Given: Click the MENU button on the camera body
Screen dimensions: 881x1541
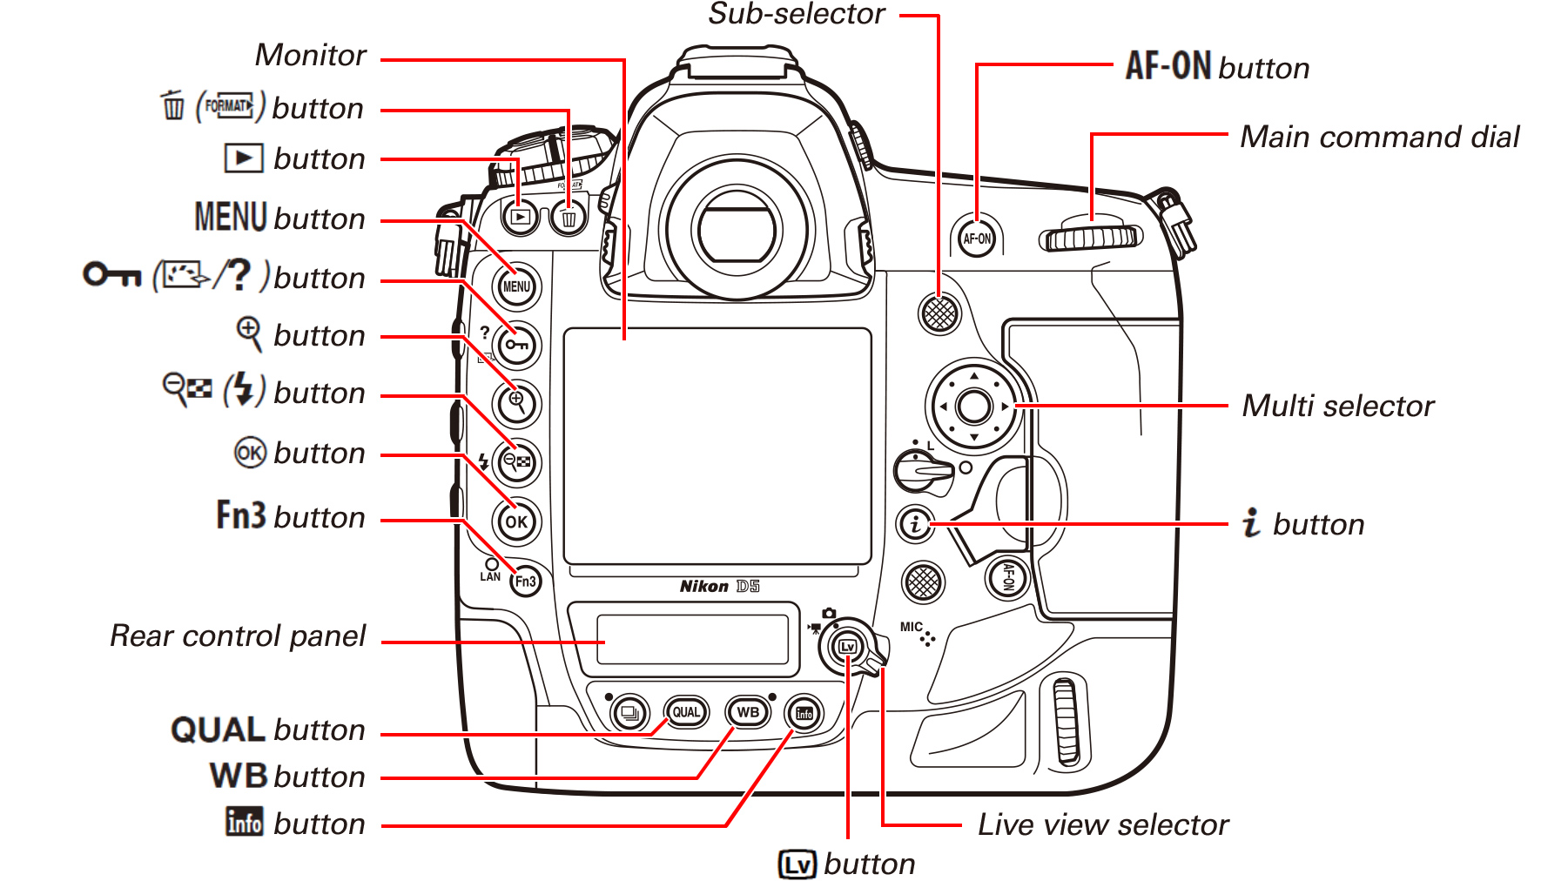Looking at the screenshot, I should pos(516,286).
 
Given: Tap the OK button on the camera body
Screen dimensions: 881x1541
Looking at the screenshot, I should pos(516,522).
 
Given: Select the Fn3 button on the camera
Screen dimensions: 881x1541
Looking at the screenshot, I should pos(525,582).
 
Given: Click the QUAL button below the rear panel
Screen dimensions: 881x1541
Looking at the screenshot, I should pos(686,712).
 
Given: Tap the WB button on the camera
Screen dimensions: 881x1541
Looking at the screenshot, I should pos(748,712).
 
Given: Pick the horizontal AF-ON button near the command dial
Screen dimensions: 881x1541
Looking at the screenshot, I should pos(977,239).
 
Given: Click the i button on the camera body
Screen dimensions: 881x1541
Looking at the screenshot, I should pos(915,525).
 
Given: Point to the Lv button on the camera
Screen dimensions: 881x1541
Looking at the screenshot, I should pos(847,647).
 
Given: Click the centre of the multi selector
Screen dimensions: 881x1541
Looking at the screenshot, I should pos(973,406).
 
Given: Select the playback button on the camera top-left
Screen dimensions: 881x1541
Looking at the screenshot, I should pos(521,217).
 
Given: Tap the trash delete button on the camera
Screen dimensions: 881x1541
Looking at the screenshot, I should pos(569,218).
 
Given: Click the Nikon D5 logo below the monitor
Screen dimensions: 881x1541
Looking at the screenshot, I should pos(719,586).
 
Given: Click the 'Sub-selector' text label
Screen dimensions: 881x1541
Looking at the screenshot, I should pos(796,14).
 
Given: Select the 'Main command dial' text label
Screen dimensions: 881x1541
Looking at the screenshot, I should pos(1379,137).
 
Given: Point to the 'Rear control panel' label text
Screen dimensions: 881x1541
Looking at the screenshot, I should pos(237,636).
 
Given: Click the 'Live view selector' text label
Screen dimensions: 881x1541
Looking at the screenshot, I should pos(1102,824).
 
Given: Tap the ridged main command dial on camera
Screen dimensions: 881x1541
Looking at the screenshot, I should pos(1091,238).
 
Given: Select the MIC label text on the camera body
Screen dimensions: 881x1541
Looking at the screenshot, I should pos(911,627).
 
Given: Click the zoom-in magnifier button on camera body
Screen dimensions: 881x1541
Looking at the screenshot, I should pos(516,403).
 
